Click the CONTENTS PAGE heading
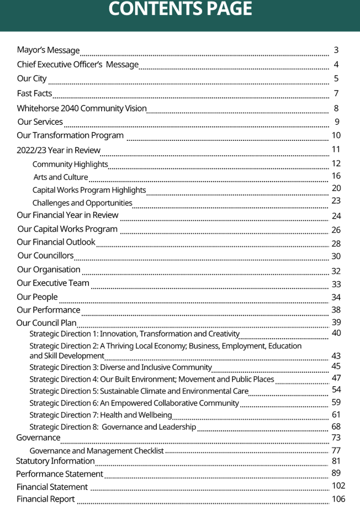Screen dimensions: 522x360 (180, 9)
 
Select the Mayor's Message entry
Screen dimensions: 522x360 (48, 51)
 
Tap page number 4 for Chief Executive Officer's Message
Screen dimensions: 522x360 (336, 65)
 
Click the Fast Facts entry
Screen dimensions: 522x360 (34, 93)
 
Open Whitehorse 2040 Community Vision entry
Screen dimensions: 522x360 (82, 108)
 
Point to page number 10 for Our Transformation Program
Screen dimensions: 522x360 (336, 135)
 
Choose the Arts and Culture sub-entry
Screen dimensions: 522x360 (61, 177)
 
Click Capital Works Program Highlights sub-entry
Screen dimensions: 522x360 (89, 190)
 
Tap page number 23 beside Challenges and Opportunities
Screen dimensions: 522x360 (336, 201)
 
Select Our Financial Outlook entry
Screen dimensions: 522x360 (56, 242)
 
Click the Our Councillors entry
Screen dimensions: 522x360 (45, 256)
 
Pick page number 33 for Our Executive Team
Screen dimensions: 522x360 (336, 284)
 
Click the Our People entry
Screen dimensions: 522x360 (37, 297)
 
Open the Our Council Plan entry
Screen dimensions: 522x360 (46, 323)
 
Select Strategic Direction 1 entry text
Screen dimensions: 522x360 (134, 334)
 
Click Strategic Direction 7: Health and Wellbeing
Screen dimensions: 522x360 (100, 415)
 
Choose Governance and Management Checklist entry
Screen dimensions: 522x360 (97, 451)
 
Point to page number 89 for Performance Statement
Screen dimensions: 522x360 (336, 473)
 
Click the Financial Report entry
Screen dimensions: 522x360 (45, 499)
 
